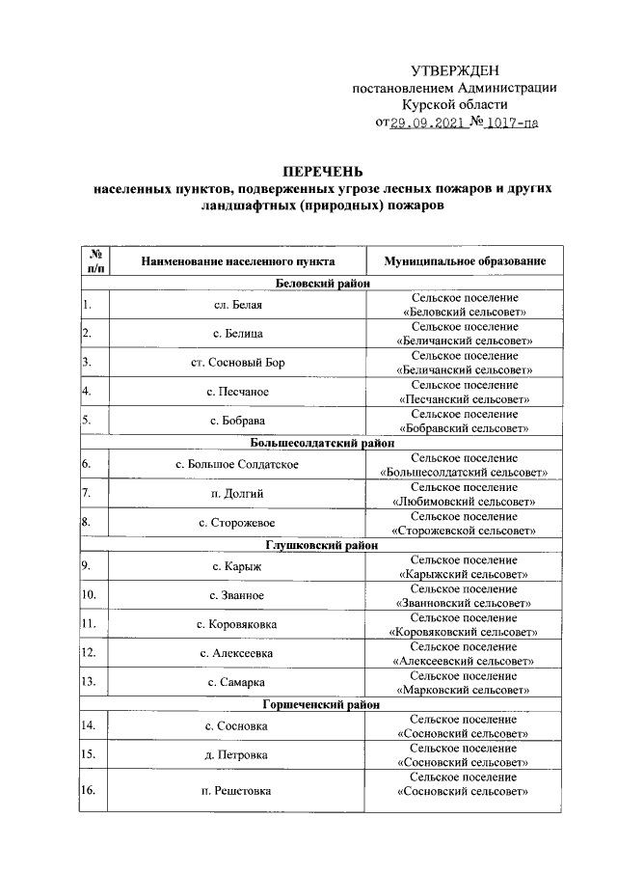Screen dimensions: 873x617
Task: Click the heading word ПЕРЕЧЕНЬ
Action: tap(322, 171)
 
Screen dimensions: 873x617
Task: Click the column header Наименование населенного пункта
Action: tap(237, 261)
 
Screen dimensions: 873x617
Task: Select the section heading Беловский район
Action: tap(322, 284)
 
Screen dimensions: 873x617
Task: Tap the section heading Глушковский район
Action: tap(322, 545)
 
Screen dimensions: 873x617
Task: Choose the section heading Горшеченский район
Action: tap(322, 705)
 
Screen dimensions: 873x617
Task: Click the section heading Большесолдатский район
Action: tap(322, 444)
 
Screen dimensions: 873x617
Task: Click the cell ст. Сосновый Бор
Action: tap(237, 363)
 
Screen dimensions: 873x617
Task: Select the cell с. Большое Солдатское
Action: tap(237, 465)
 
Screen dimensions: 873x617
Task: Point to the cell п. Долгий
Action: tap(237, 494)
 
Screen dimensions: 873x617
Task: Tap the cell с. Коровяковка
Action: tap(237, 624)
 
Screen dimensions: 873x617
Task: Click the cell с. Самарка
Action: tap(237, 682)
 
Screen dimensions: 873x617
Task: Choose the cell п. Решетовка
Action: tap(237, 791)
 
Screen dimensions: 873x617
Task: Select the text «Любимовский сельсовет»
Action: tap(465, 502)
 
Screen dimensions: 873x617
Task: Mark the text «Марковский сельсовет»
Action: tap(465, 690)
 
